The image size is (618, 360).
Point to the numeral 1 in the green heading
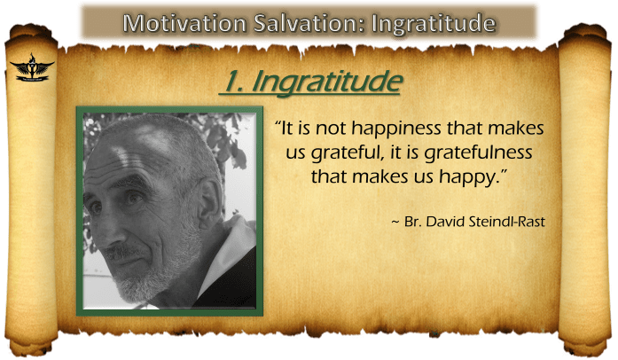click(x=229, y=83)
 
